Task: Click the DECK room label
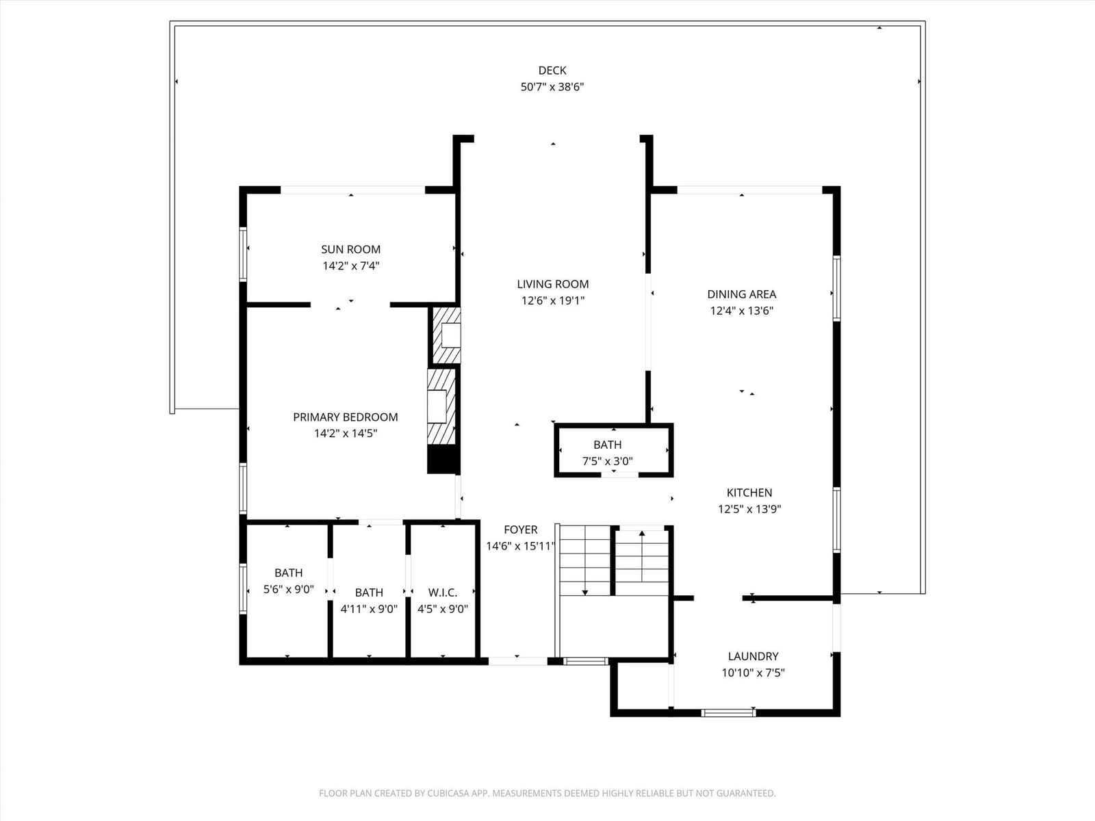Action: (552, 70)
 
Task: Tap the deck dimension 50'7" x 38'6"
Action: (552, 87)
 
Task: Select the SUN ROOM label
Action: (350, 249)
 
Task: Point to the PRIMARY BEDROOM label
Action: (345, 417)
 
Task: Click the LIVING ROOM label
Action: (553, 284)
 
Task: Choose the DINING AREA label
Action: (741, 294)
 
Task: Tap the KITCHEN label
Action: (749, 493)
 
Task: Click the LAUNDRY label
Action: (753, 656)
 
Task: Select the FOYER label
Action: (520, 530)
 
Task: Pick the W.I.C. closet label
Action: (443, 592)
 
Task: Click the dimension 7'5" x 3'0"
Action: (607, 461)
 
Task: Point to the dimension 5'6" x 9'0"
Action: (288, 589)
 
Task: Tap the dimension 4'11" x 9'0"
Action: (369, 609)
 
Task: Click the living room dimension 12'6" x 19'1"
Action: (553, 300)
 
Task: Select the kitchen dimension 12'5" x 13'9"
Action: (749, 509)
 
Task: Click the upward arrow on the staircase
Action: (641, 556)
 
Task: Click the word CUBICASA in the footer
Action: (448, 793)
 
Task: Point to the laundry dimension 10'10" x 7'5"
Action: (753, 673)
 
